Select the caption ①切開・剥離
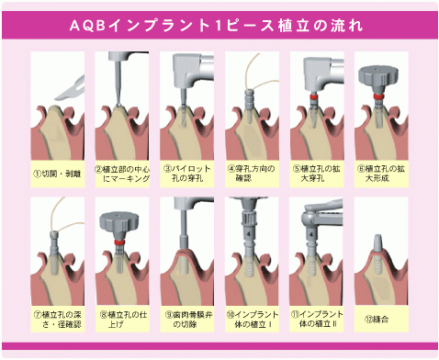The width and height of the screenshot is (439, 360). pyautogui.click(x=57, y=172)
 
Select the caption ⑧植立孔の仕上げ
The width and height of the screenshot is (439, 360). pyautogui.click(x=121, y=320)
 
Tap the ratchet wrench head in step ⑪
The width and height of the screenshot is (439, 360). pyautogui.click(x=312, y=219)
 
